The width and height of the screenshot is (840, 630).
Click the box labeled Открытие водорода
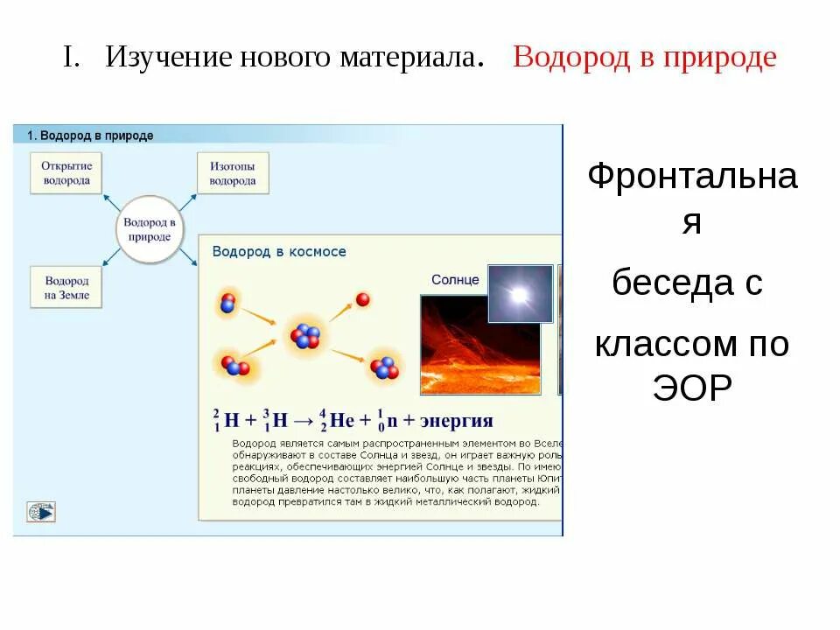pos(66,172)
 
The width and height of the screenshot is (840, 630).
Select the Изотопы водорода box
pos(233,172)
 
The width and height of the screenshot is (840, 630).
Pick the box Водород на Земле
pos(66,288)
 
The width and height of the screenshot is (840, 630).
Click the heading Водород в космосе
pos(279,251)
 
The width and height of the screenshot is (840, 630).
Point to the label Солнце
pos(455,280)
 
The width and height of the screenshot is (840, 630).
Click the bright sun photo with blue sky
pos(520,294)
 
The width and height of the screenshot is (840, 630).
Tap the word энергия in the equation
pos(457,420)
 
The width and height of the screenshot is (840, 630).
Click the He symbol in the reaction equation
pos(341,420)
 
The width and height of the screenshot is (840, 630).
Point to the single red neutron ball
pos(363,300)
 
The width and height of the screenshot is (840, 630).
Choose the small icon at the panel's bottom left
pos(41,512)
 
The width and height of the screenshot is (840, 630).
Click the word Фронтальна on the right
pos(691,177)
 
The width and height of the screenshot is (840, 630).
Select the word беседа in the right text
pos(663,283)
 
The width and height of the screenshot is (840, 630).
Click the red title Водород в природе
pos(644,58)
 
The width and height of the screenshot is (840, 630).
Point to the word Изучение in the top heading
pos(168,58)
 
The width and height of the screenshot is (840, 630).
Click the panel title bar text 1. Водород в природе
pos(90,136)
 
